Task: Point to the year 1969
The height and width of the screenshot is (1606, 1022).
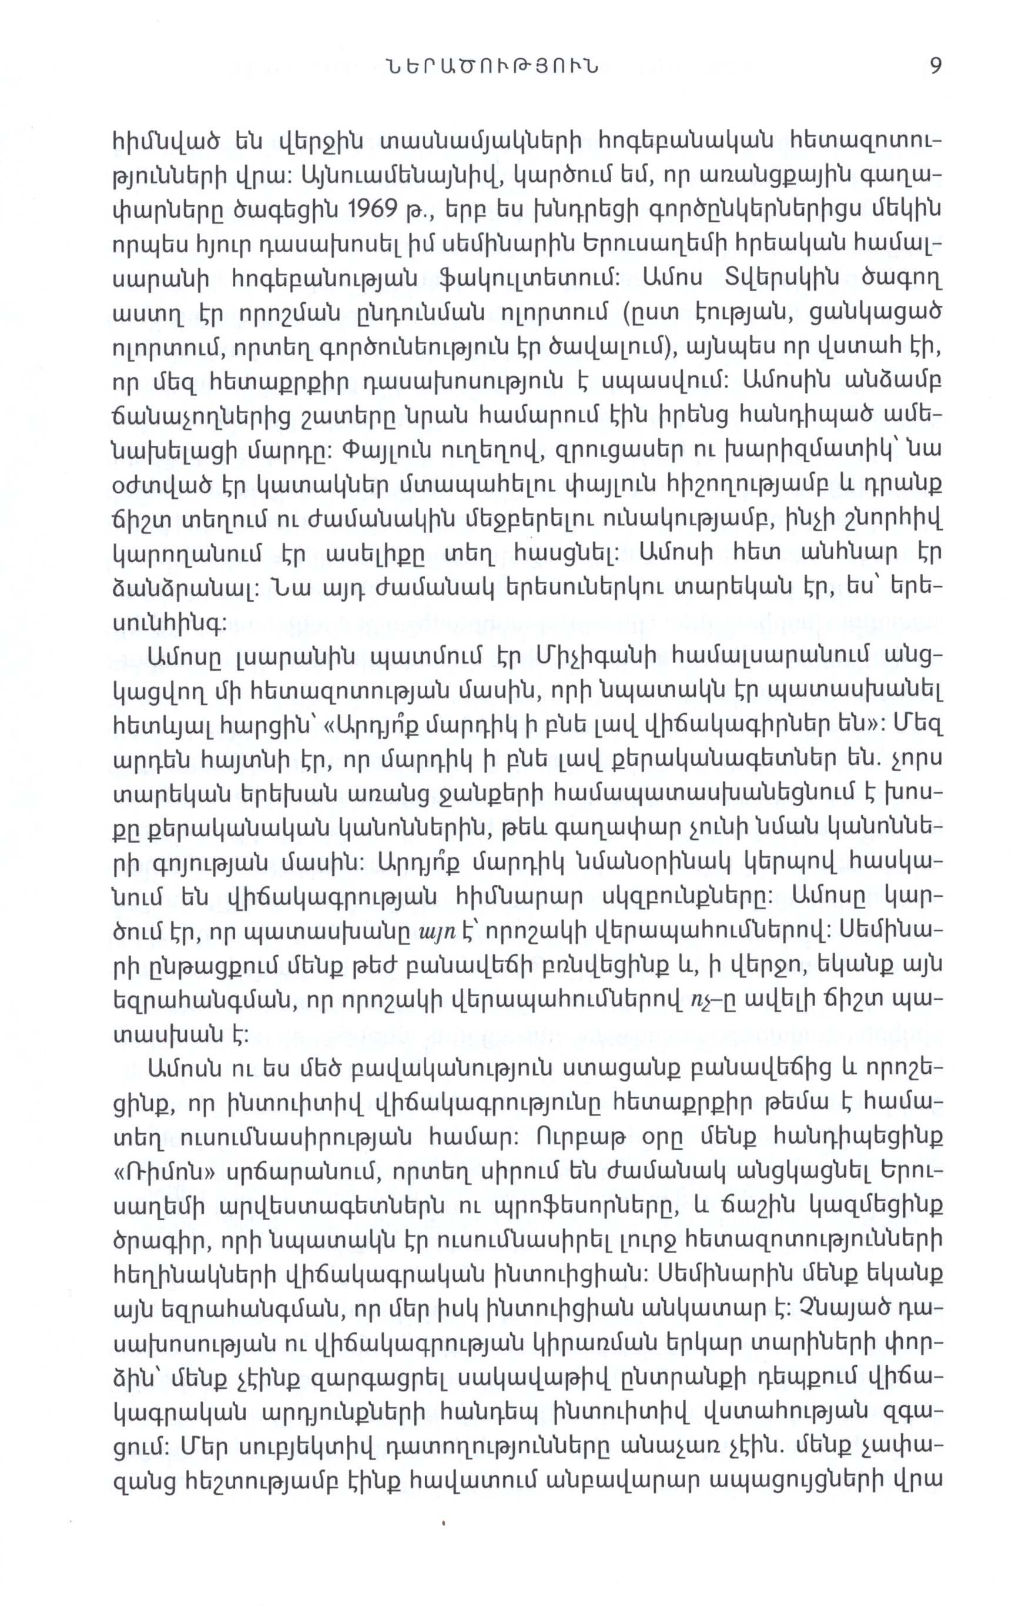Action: click(x=376, y=212)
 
